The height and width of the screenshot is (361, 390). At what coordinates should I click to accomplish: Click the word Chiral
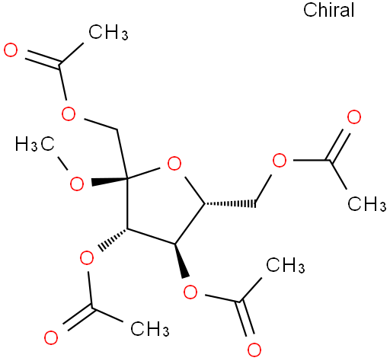328,10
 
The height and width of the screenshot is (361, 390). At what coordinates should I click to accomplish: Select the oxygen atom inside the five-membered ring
174,164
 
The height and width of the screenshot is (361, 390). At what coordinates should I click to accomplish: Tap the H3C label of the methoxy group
35,144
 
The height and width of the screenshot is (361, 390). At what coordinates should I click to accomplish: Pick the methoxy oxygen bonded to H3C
76,184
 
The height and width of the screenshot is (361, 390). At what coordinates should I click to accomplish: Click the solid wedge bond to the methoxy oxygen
110,181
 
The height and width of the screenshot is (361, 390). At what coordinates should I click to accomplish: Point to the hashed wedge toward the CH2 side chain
230,203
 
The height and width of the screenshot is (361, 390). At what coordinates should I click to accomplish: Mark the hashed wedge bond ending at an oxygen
113,239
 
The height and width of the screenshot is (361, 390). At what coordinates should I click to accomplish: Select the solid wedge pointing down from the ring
182,260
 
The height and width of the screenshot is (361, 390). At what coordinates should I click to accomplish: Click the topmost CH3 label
108,32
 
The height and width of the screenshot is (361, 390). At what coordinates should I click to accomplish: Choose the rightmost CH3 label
367,203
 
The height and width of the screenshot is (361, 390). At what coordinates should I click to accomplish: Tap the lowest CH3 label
150,328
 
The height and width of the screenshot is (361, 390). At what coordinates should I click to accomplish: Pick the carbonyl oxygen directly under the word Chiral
354,117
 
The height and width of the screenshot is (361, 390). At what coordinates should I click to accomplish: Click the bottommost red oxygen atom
254,350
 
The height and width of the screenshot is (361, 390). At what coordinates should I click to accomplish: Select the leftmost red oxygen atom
11,50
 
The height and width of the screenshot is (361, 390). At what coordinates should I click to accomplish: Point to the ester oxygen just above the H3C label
69,113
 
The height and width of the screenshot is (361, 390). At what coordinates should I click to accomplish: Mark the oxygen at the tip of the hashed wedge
87,257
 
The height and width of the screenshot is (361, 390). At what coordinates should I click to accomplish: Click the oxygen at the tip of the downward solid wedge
190,292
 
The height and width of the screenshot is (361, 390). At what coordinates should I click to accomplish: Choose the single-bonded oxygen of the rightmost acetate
280,160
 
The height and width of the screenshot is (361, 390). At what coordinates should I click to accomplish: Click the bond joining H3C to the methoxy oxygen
62,164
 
